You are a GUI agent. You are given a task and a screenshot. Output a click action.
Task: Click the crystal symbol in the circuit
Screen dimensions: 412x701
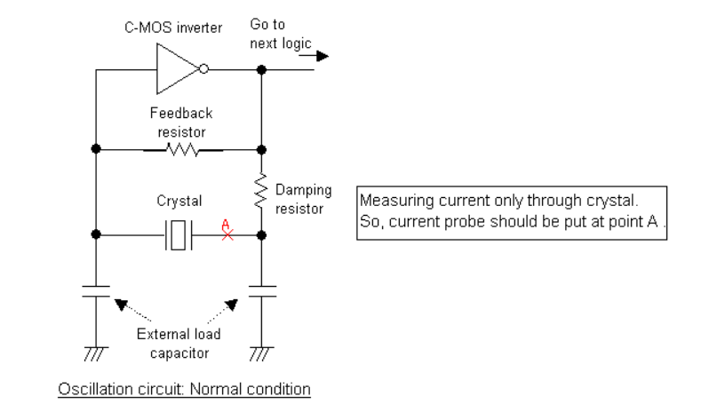coord(178,235)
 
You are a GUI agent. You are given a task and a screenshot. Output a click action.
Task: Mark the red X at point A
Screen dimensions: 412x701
coord(227,235)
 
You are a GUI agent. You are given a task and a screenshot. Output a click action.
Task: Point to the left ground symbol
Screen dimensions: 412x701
coord(95,353)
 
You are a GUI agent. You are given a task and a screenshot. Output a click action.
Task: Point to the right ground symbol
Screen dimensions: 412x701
coord(260,353)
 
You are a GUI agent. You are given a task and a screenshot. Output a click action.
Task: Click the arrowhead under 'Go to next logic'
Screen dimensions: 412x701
coord(322,57)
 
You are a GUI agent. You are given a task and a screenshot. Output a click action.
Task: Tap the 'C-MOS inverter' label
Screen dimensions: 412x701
coord(173,28)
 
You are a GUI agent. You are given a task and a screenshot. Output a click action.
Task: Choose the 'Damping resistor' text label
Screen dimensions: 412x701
coord(302,199)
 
